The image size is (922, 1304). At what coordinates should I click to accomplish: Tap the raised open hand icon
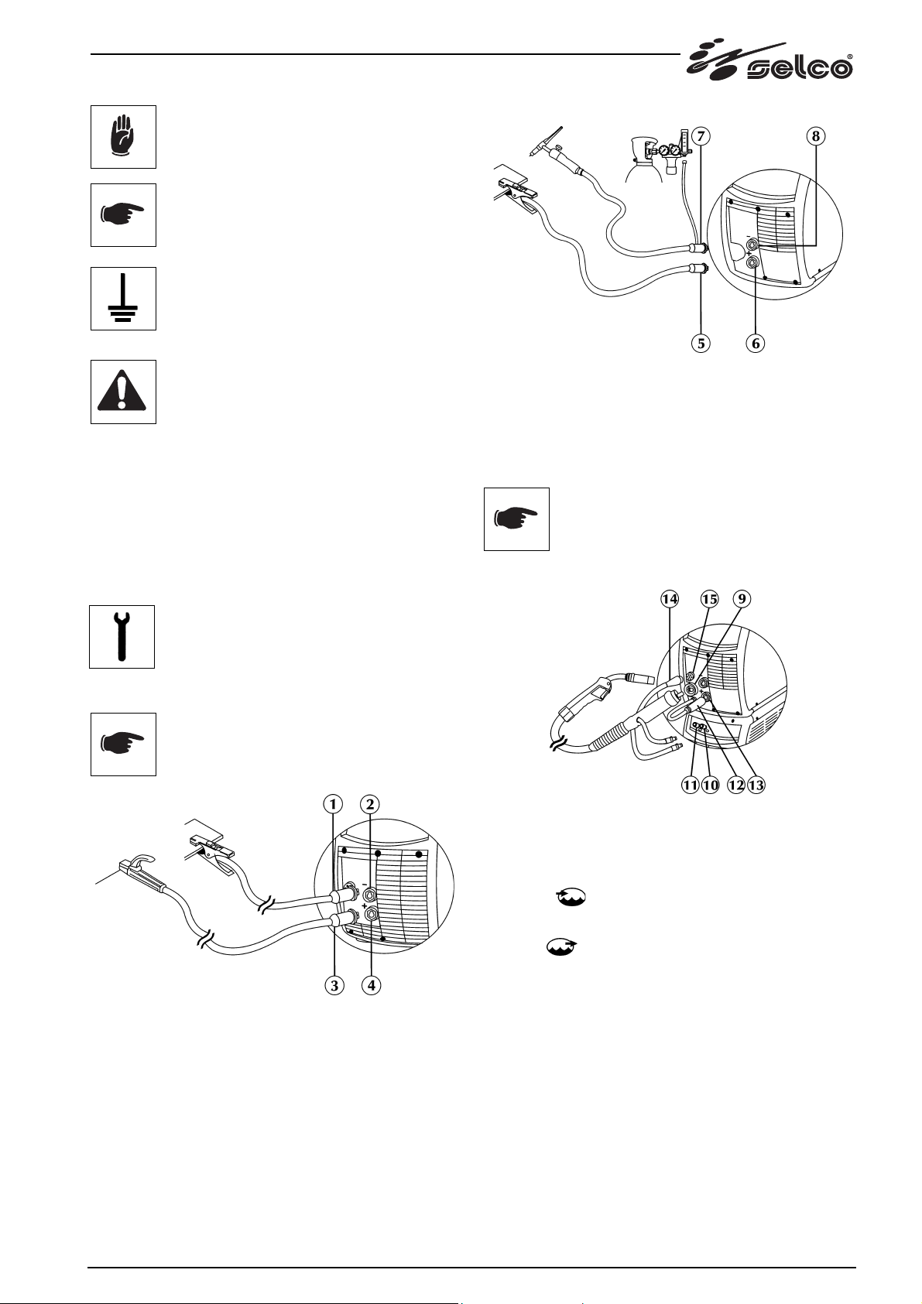[124, 137]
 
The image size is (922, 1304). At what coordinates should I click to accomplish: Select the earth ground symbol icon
[123, 299]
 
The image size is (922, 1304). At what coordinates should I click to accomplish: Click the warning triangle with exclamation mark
[123, 392]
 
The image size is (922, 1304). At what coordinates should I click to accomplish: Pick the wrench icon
[122, 637]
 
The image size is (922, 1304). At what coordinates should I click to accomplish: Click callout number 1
[333, 804]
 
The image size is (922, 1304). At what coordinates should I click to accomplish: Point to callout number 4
[371, 986]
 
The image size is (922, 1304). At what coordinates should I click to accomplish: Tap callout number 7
[701, 136]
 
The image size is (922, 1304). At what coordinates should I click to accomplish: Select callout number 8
[816, 136]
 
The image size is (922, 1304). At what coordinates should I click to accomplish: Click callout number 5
[701, 344]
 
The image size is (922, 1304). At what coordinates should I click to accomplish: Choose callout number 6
[756, 344]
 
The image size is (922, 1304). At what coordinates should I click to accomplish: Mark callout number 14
[670, 598]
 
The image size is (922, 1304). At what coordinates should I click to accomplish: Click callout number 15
[709, 598]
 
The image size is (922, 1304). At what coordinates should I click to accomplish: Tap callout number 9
[742, 598]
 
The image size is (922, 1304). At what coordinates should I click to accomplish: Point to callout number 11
[691, 785]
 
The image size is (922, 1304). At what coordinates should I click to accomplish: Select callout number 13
[756, 785]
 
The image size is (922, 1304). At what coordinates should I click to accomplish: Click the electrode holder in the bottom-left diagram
[138, 871]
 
